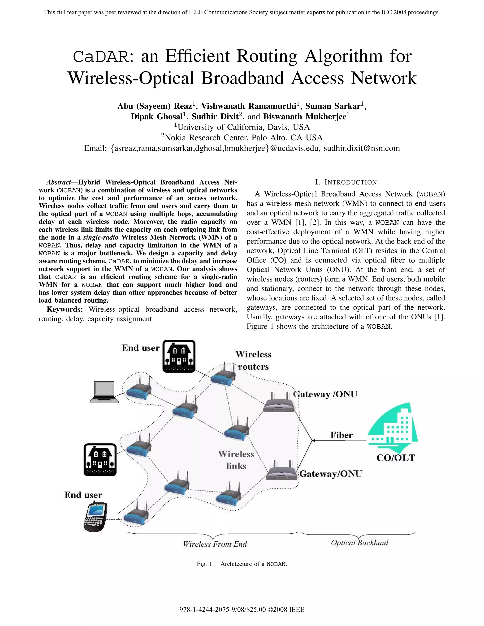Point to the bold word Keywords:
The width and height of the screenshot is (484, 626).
click(65, 309)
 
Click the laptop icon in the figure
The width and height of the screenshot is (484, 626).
click(104, 392)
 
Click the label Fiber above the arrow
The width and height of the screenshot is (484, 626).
click(341, 435)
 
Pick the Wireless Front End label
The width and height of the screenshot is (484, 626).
click(215, 544)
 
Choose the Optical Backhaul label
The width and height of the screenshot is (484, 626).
click(359, 543)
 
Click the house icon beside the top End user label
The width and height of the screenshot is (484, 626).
click(179, 356)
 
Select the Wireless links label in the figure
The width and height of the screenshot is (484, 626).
click(236, 460)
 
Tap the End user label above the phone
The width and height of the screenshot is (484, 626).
click(83, 495)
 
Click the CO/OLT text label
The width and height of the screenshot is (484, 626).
click(395, 458)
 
